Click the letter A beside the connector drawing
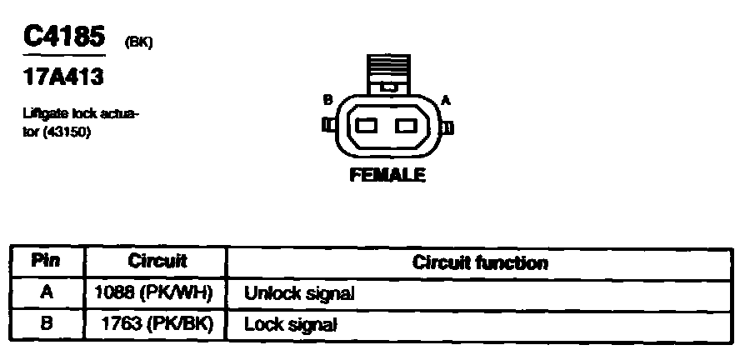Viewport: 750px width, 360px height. [446, 100]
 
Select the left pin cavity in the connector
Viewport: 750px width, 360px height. [367, 127]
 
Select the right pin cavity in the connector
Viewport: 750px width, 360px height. [407, 127]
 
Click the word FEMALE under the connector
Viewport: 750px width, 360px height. [387, 176]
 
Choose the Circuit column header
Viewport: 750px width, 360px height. [157, 261]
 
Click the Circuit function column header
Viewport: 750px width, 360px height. [480, 262]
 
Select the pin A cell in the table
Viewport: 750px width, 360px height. [46, 292]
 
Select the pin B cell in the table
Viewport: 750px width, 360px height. [46, 323]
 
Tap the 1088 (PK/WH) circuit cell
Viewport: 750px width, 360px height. [156, 292]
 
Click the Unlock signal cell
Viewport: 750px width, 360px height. [299, 293]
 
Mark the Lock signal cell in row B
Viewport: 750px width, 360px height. [290, 324]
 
